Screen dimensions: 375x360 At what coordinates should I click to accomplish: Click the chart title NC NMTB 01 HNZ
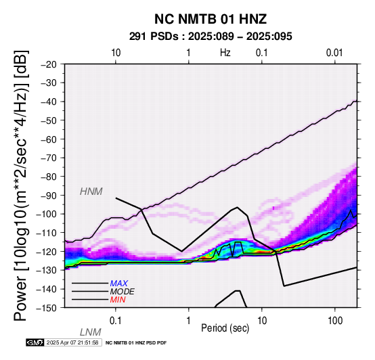(x=211, y=19)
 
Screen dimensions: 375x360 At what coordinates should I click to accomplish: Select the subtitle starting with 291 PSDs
(x=211, y=37)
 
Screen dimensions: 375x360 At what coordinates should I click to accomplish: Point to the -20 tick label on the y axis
(x=49, y=64)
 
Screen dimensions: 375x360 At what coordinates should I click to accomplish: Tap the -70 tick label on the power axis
(x=49, y=158)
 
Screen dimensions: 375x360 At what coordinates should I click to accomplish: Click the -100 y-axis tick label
(x=47, y=214)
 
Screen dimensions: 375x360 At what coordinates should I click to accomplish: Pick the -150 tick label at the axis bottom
(x=47, y=308)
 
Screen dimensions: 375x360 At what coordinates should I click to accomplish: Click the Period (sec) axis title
(x=225, y=328)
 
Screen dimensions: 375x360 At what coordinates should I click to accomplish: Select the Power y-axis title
(x=20, y=185)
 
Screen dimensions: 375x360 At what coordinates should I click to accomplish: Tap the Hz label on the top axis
(x=225, y=53)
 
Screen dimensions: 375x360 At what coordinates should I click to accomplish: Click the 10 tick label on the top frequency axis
(x=116, y=53)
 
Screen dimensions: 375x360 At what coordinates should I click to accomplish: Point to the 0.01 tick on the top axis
(x=334, y=53)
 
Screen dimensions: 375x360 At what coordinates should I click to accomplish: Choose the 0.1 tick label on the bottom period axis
(x=116, y=321)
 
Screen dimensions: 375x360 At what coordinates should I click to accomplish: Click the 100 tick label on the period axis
(x=335, y=321)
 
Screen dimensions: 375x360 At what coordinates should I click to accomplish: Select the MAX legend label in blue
(x=118, y=284)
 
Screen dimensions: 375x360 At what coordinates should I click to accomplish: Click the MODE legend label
(x=122, y=292)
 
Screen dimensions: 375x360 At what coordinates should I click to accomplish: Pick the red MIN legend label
(x=118, y=300)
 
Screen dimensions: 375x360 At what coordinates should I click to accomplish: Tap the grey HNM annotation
(x=91, y=192)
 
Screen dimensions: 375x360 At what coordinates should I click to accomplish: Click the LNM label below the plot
(x=91, y=332)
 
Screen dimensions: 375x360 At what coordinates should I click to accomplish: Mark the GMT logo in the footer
(x=35, y=342)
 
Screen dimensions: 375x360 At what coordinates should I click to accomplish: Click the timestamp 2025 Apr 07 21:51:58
(x=72, y=342)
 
